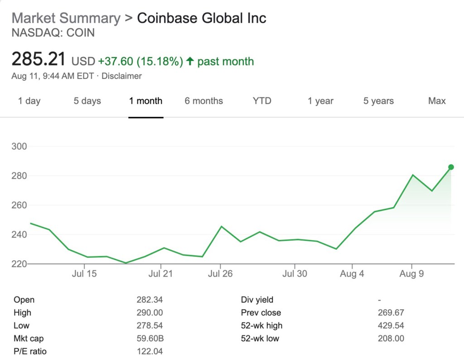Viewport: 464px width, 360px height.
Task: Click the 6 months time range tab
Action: pos(203,101)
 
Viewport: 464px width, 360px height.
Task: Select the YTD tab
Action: pos(262,101)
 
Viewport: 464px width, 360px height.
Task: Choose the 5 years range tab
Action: pos(378,101)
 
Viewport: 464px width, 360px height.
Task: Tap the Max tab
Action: pos(437,101)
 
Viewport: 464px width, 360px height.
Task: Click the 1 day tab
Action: pos(29,101)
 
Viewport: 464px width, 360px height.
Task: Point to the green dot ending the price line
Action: pos(451,167)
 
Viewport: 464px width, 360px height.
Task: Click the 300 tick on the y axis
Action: pos(20,146)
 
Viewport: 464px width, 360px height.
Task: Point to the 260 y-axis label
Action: pos(20,205)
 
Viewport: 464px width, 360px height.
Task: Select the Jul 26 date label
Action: pos(220,274)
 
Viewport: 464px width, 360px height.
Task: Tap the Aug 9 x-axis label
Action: pos(411,274)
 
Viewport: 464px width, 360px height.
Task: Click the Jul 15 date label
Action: pos(85,274)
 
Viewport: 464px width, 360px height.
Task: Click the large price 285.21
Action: pos(39,59)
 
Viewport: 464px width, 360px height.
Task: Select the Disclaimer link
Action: pos(121,76)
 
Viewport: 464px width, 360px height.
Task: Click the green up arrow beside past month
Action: pos(190,61)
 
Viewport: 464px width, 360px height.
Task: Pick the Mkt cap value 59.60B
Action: pos(150,338)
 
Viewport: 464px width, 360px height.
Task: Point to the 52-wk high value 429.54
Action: pos(391,326)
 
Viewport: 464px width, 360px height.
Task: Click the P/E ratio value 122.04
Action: pos(150,351)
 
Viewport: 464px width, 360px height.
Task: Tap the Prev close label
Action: pos(261,313)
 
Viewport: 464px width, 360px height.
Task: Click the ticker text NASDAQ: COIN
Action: pos(53,33)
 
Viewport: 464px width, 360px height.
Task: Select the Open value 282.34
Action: pos(150,300)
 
